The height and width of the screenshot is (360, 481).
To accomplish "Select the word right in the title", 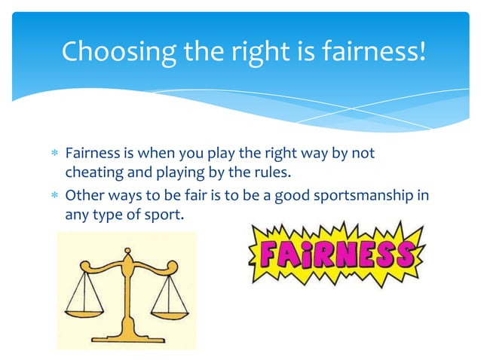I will pyautogui.click(x=234, y=52).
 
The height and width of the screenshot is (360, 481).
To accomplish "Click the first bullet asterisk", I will pyautogui.click(x=53, y=154).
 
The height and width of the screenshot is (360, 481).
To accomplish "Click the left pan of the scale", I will pyautogui.click(x=84, y=307).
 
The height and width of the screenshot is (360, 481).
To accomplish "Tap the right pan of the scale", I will pyautogui.click(x=168, y=307).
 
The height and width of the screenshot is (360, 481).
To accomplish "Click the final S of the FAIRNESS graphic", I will pyautogui.click(x=406, y=255).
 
